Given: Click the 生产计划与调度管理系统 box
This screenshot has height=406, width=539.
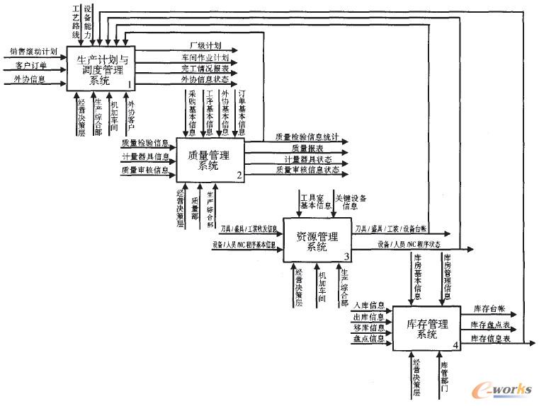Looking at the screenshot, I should (101, 68).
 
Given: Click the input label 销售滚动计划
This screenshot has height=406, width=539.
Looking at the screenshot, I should (33, 52).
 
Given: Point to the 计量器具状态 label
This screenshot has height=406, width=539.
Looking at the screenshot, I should (307, 159).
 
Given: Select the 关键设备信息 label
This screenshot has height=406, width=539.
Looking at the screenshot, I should (351, 202).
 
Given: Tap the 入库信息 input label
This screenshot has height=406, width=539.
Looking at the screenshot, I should (368, 306).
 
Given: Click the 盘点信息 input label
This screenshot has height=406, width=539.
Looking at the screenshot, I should (368, 339).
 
